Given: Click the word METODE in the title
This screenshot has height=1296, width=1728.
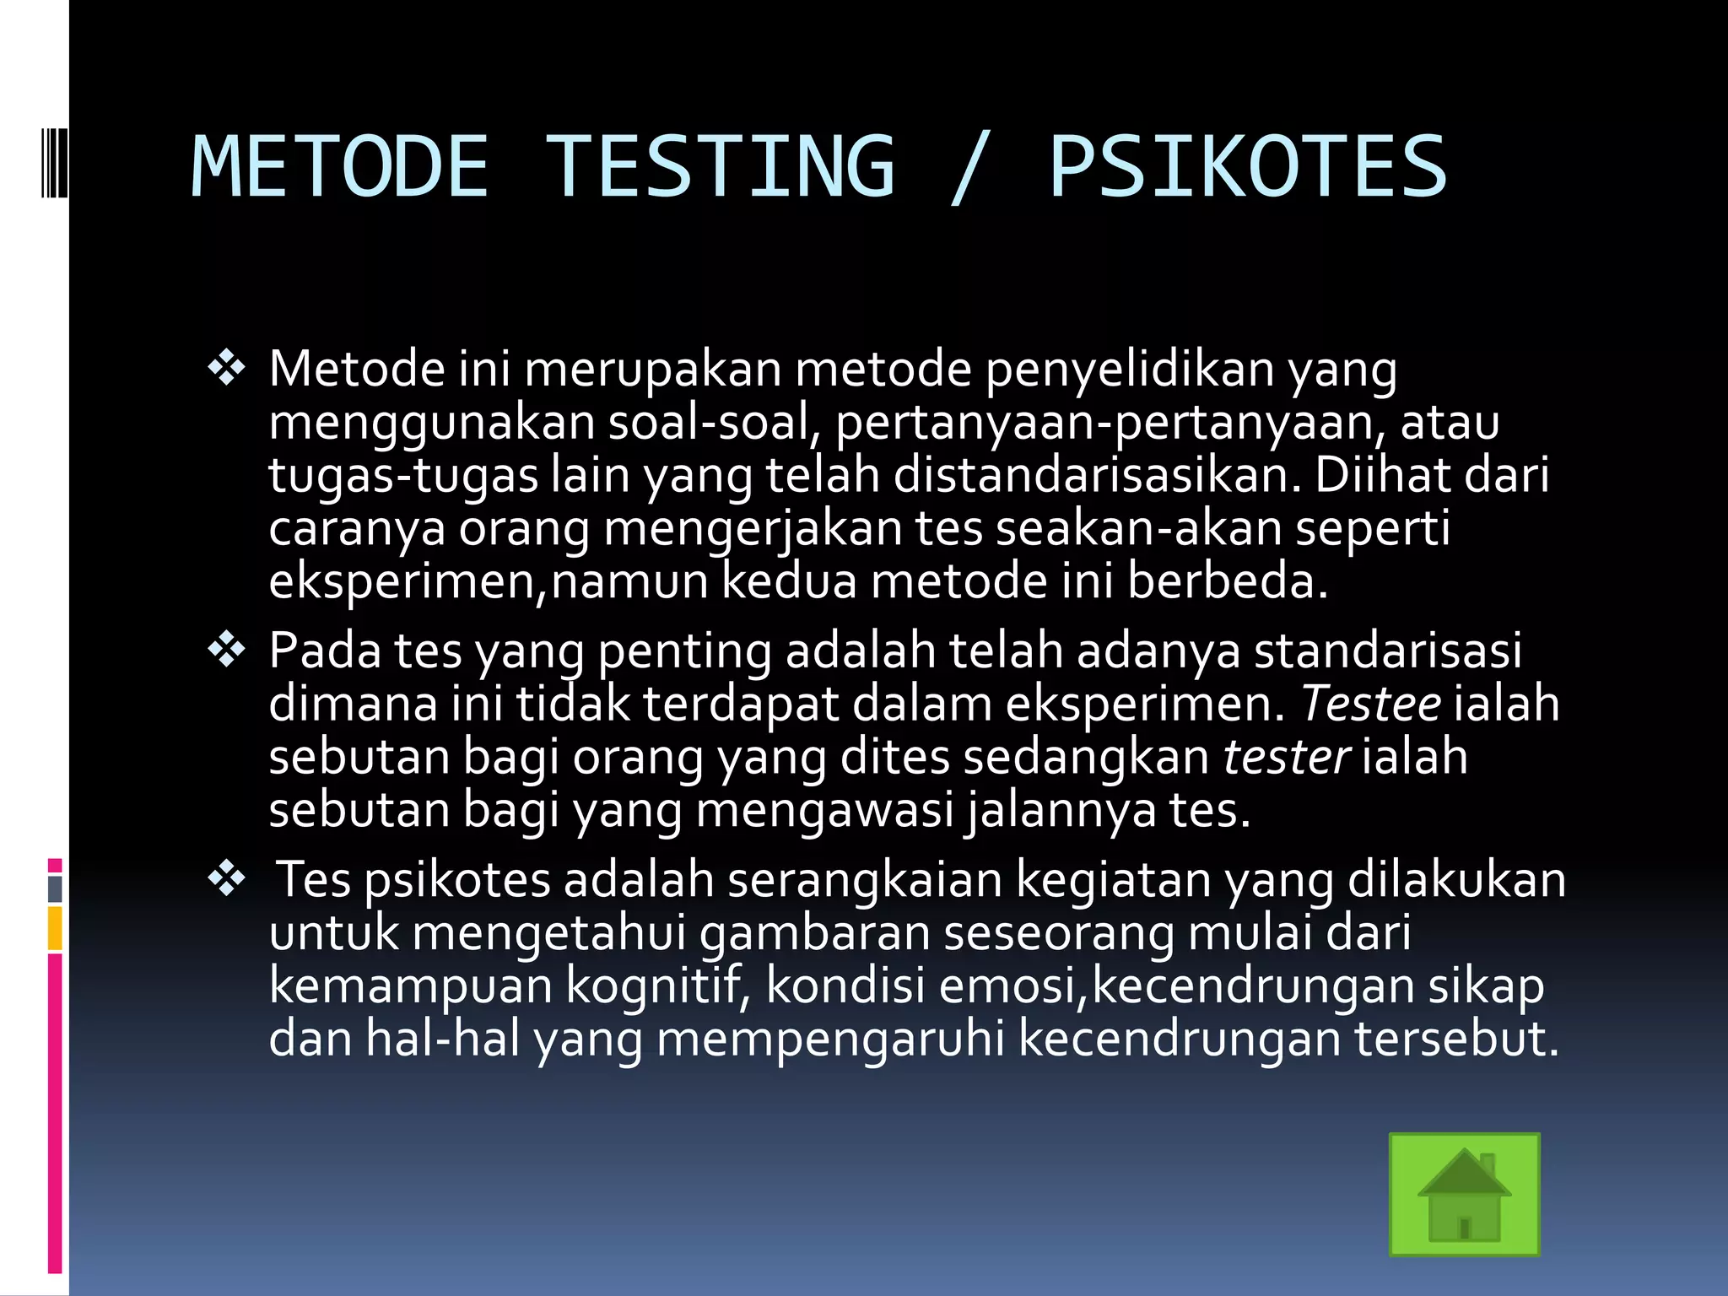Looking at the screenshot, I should pos(339,167).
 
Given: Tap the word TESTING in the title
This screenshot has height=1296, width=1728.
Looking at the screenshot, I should pos(721,167).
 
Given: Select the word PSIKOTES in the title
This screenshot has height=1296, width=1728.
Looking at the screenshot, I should pos(1248,167).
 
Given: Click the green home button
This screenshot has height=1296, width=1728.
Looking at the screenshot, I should pos(1464,1194).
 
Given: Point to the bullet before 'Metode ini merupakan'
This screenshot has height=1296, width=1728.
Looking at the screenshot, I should pos(226,368).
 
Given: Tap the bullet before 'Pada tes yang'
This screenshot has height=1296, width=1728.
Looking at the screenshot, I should pos(226,650).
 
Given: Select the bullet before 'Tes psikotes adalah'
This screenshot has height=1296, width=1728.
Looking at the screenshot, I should pos(226,879).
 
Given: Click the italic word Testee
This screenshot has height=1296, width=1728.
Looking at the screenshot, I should pos(1370,704).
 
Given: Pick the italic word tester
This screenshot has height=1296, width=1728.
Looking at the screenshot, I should pos(1286,757).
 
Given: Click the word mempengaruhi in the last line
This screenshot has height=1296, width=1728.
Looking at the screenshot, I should pos(830,1039).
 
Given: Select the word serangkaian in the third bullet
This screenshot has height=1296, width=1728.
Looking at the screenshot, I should pos(864,880).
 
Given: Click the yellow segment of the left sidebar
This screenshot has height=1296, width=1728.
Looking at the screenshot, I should pos(55,928).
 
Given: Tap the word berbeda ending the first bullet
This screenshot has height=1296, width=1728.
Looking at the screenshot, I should pos(1227,581).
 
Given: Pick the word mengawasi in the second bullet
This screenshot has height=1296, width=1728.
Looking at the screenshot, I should pos(824,810).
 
